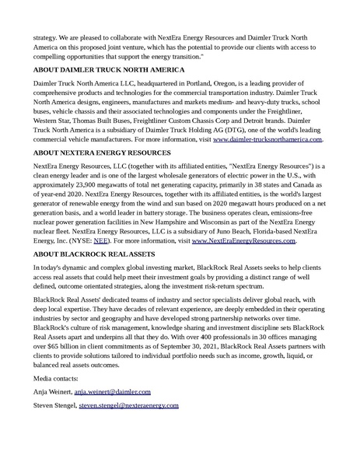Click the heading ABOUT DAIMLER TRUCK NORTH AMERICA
109,70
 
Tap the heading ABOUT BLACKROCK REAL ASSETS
95,254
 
